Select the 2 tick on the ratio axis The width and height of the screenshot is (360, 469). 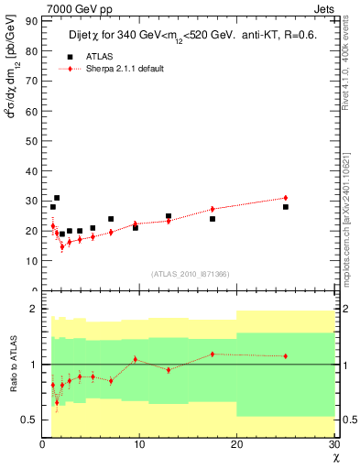34,310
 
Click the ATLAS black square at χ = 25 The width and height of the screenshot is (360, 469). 286,207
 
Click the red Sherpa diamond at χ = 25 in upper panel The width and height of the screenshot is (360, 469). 286,198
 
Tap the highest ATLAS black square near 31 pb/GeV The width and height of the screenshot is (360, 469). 57,198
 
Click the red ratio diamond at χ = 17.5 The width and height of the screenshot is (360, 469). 213,354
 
